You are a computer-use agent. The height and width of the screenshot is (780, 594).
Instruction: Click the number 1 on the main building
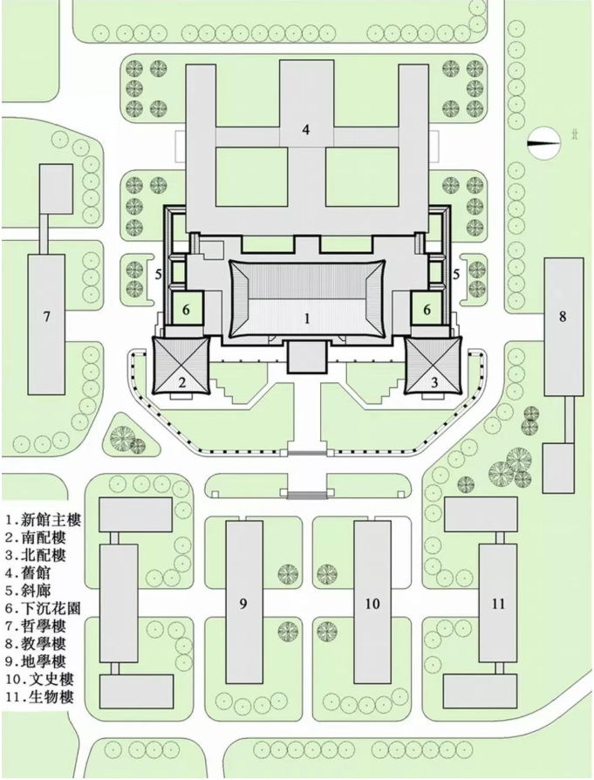tap(307, 318)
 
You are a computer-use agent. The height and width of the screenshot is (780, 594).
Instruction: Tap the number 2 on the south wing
tap(182, 382)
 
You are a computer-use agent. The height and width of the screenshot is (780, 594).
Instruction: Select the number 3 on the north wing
tap(434, 382)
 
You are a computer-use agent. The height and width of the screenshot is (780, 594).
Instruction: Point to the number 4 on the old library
tap(306, 130)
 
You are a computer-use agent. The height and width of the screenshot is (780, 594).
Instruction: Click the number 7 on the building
tap(47, 317)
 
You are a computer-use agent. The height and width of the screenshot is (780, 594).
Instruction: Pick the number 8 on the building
tap(563, 316)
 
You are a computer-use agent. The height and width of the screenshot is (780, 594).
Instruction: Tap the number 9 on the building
tap(242, 604)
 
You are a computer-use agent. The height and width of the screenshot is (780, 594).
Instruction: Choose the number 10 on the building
tap(372, 604)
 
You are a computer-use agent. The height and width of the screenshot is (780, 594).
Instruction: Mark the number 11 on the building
tap(498, 604)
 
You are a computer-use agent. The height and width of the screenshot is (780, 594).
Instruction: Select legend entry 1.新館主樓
tap(44, 520)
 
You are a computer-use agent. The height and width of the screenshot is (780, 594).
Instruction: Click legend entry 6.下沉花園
tap(44, 608)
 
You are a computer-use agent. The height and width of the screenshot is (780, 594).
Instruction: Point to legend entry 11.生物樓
tap(40, 696)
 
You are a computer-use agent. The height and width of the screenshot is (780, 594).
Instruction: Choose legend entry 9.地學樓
tap(36, 661)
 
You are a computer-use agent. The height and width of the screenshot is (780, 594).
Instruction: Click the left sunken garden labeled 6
tap(187, 309)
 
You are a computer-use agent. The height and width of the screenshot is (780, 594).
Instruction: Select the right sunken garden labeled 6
tap(427, 309)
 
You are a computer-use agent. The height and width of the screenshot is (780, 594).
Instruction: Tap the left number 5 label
tap(158, 274)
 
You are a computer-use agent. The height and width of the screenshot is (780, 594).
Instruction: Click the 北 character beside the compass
tap(574, 135)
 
